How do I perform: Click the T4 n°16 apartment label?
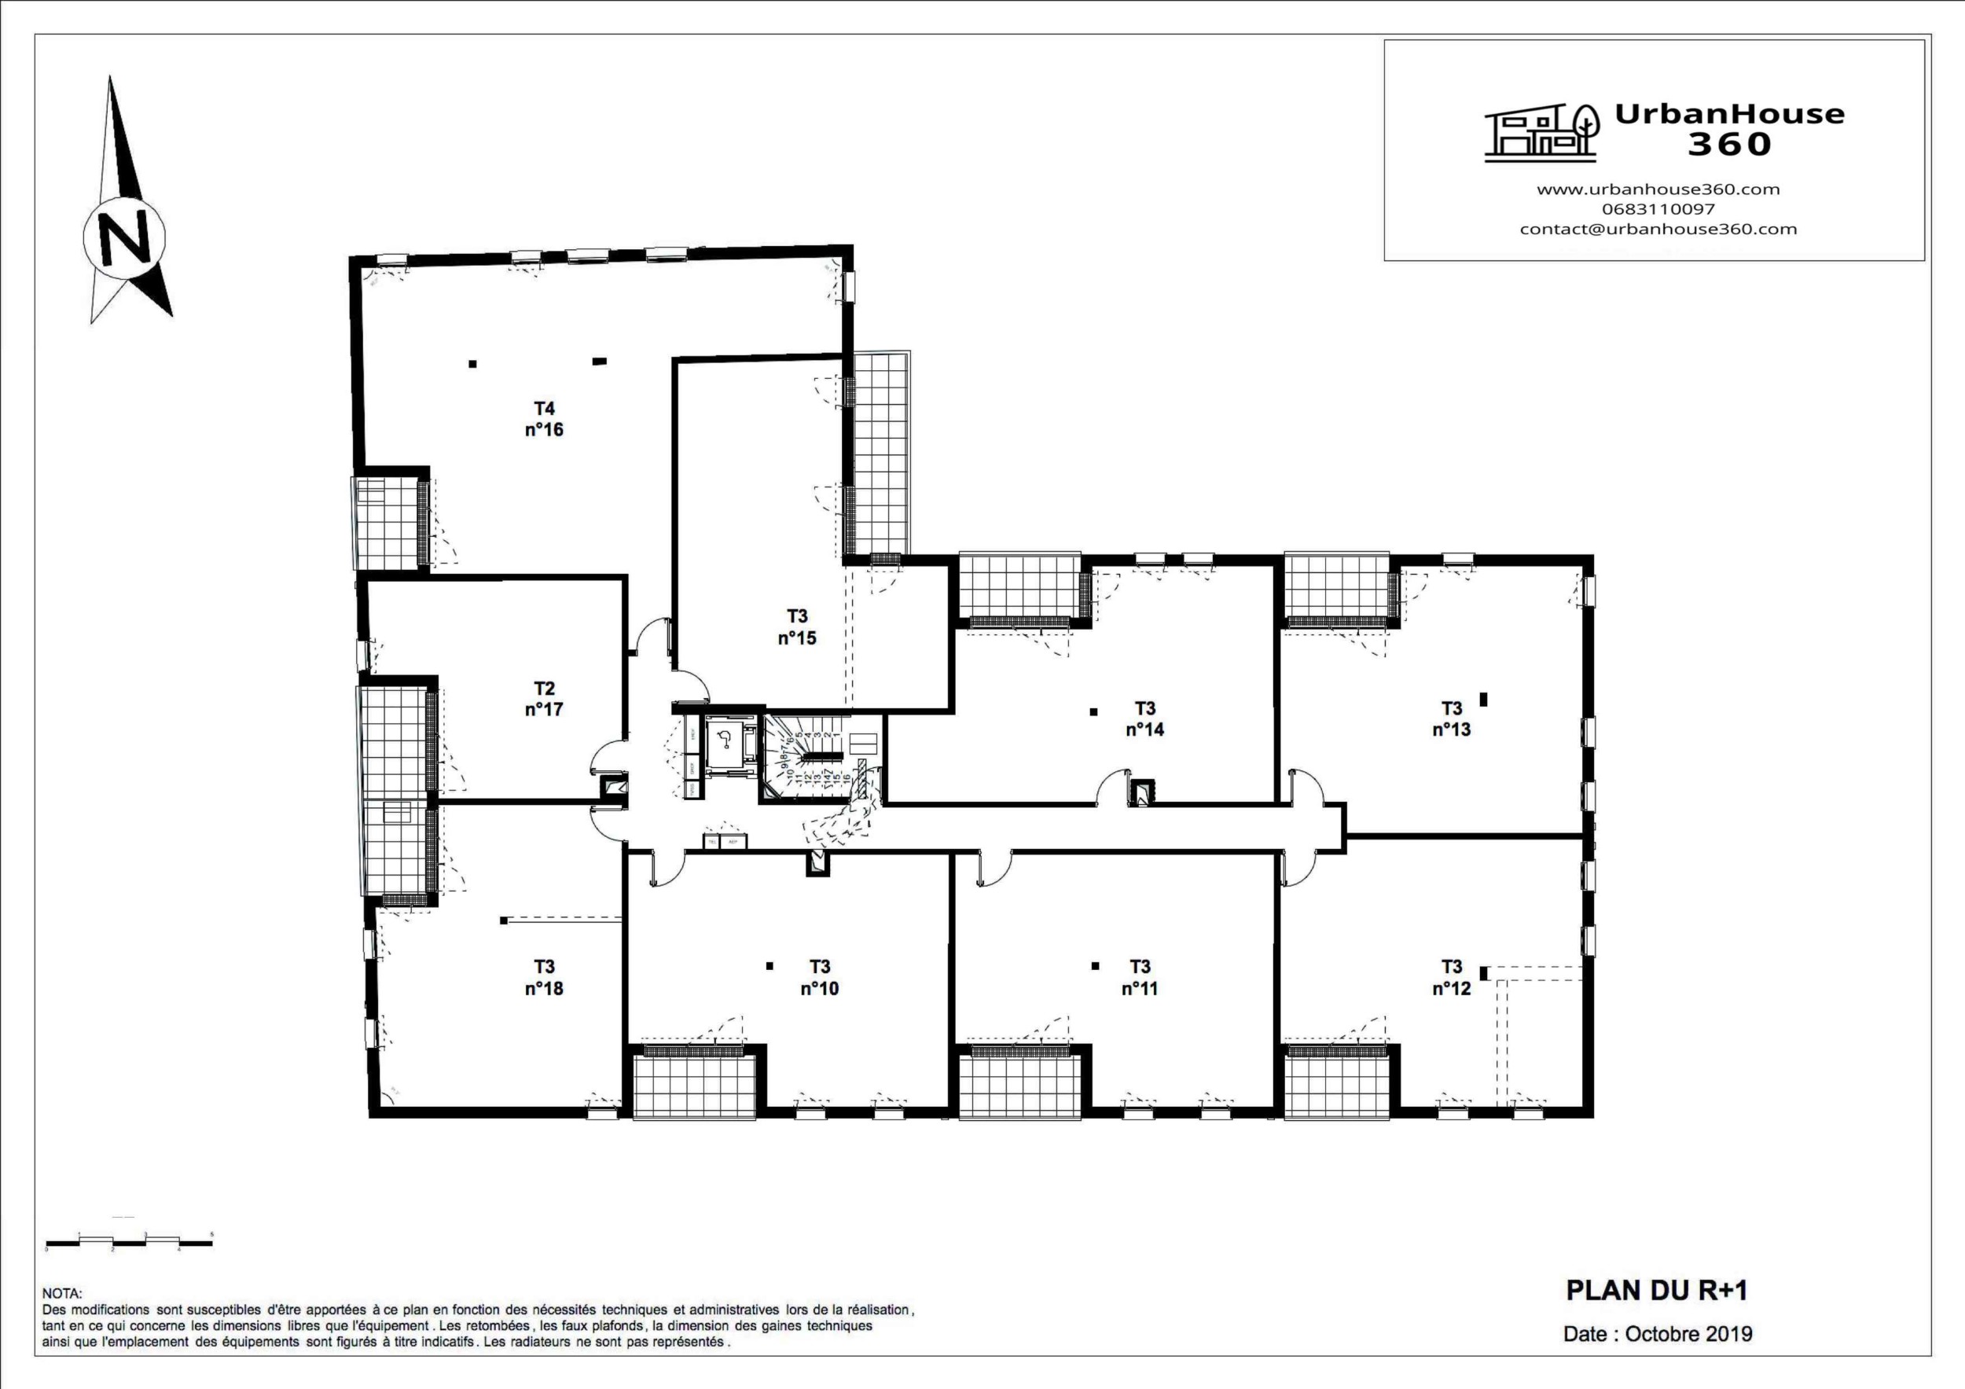[x=545, y=418]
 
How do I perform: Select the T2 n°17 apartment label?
[x=545, y=698]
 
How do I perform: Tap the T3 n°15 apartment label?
[x=797, y=627]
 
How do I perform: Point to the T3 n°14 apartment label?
[x=1145, y=719]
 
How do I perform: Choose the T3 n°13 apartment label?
[x=1452, y=719]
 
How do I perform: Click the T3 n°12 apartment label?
[x=1452, y=977]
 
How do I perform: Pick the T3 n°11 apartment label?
[x=1139, y=977]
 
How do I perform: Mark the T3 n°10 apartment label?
[x=819, y=977]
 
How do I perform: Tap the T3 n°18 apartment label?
[x=545, y=977]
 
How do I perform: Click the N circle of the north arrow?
[x=125, y=235]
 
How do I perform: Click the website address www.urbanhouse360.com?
[x=1658, y=189]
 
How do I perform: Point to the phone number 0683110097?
[x=1658, y=209]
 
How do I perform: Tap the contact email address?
[x=1658, y=229]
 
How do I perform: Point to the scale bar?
[x=128, y=1242]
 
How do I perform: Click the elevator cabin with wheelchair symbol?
[x=725, y=741]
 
